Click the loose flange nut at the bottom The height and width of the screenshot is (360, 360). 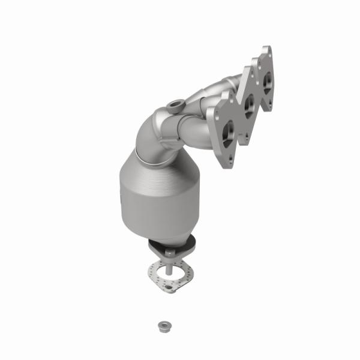162,326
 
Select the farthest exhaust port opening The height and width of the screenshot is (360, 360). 266,79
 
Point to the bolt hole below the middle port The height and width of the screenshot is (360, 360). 246,134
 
